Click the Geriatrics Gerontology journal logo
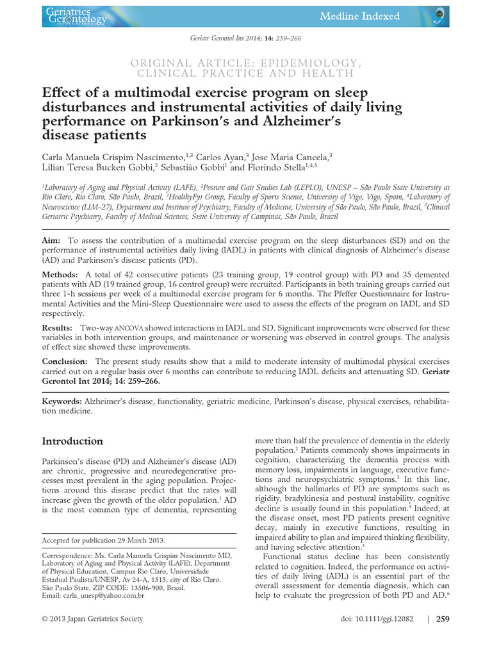coord(76,16)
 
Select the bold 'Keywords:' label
coord(62,400)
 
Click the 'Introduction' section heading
coord(72,441)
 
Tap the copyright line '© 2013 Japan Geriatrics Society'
coord(92,619)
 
